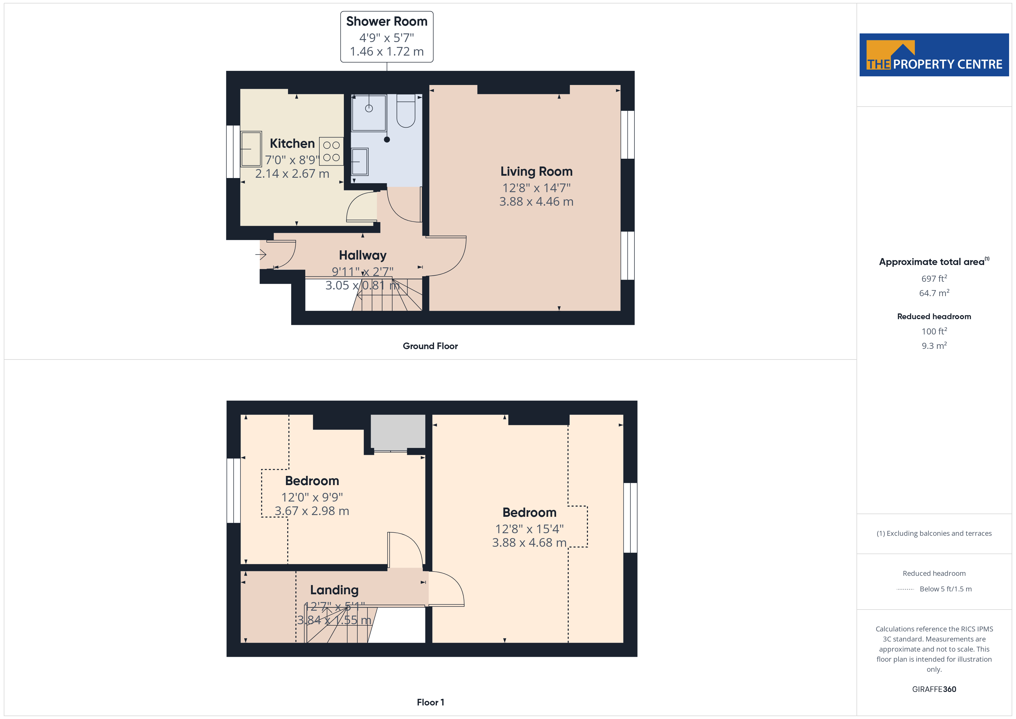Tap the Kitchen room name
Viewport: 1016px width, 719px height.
[x=292, y=143]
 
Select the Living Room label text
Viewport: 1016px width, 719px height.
[x=536, y=172]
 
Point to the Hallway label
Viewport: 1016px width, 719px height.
[x=362, y=256]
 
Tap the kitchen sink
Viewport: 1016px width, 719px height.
[x=251, y=149]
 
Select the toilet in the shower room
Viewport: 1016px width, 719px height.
[x=406, y=111]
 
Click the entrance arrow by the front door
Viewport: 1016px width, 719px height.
[x=261, y=255]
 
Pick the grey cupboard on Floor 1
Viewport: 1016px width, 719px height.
[x=398, y=431]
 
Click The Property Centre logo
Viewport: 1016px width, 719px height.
[x=934, y=55]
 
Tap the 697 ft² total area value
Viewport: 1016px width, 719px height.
[x=934, y=279]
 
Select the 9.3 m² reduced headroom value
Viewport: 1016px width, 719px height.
[x=934, y=346]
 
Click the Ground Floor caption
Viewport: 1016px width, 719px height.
[x=430, y=346]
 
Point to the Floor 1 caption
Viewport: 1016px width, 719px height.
[x=430, y=702]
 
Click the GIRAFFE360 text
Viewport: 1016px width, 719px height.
[x=934, y=689]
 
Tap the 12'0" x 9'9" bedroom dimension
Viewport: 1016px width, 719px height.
[x=312, y=498]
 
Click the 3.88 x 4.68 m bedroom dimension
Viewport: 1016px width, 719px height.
[x=529, y=543]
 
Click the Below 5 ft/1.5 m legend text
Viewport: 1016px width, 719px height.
[x=946, y=589]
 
